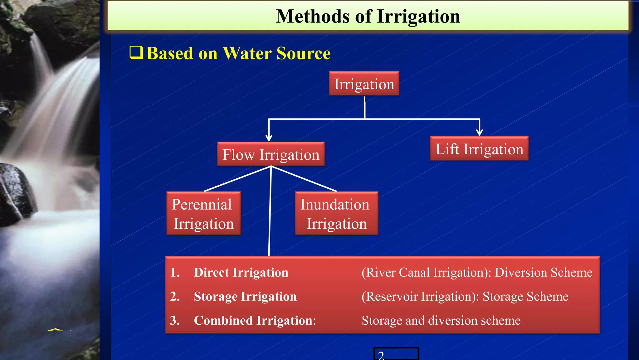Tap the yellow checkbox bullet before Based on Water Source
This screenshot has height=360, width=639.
click(x=136, y=52)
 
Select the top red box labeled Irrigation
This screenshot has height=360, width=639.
click(x=364, y=84)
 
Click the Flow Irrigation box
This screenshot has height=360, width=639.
click(x=271, y=154)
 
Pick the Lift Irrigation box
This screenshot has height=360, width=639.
click(x=479, y=149)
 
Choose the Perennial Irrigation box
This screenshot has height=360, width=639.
click(x=203, y=213)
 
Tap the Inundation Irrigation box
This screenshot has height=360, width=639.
click(x=336, y=213)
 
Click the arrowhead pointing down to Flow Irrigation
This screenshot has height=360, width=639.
click(x=269, y=138)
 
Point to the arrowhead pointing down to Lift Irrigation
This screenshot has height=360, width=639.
click(x=480, y=132)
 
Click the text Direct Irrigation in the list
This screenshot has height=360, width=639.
click(x=241, y=272)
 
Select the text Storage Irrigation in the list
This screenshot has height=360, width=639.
click(x=245, y=297)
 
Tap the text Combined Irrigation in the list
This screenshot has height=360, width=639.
click(x=254, y=321)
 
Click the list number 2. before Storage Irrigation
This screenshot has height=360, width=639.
click(x=175, y=297)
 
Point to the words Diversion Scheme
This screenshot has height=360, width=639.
click(x=544, y=272)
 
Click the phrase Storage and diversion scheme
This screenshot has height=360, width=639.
click(x=441, y=321)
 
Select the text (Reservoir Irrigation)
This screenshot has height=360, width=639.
click(x=419, y=297)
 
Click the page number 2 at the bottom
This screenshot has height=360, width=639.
click(x=381, y=355)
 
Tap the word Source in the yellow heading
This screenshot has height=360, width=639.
click(x=303, y=53)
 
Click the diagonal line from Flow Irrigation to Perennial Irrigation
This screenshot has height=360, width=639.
click(x=237, y=179)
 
